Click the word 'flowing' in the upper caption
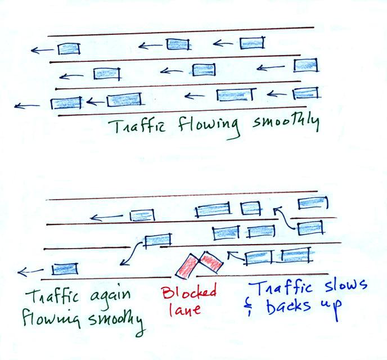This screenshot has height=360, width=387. (209, 127)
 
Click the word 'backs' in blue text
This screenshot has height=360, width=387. (288, 306)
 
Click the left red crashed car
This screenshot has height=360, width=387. (187, 267)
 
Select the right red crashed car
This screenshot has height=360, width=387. (211, 262)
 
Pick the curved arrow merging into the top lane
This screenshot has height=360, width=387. (284, 218)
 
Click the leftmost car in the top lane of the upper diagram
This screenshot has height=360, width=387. (69, 48)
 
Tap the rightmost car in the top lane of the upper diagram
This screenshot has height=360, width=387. (252, 43)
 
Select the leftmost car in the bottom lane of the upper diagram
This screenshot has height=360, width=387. (66, 103)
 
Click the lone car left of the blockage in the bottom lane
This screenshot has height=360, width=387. (65, 269)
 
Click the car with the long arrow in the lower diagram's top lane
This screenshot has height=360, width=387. (142, 215)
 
